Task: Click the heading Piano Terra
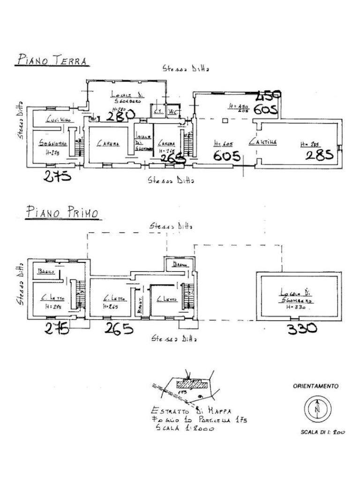pos(52,60)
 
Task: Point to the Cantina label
pos(263,141)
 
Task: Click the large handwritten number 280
pos(120,115)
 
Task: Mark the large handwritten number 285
pos(319,154)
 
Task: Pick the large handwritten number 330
pos(302,329)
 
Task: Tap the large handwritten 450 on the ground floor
pos(268,96)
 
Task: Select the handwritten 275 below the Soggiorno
pos(57,176)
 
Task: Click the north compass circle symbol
pos(317,408)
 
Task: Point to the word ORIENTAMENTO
pos(315,386)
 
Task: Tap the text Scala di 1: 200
pos(322,432)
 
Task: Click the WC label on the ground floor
pos(172,112)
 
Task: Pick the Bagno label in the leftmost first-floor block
pos(46,272)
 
